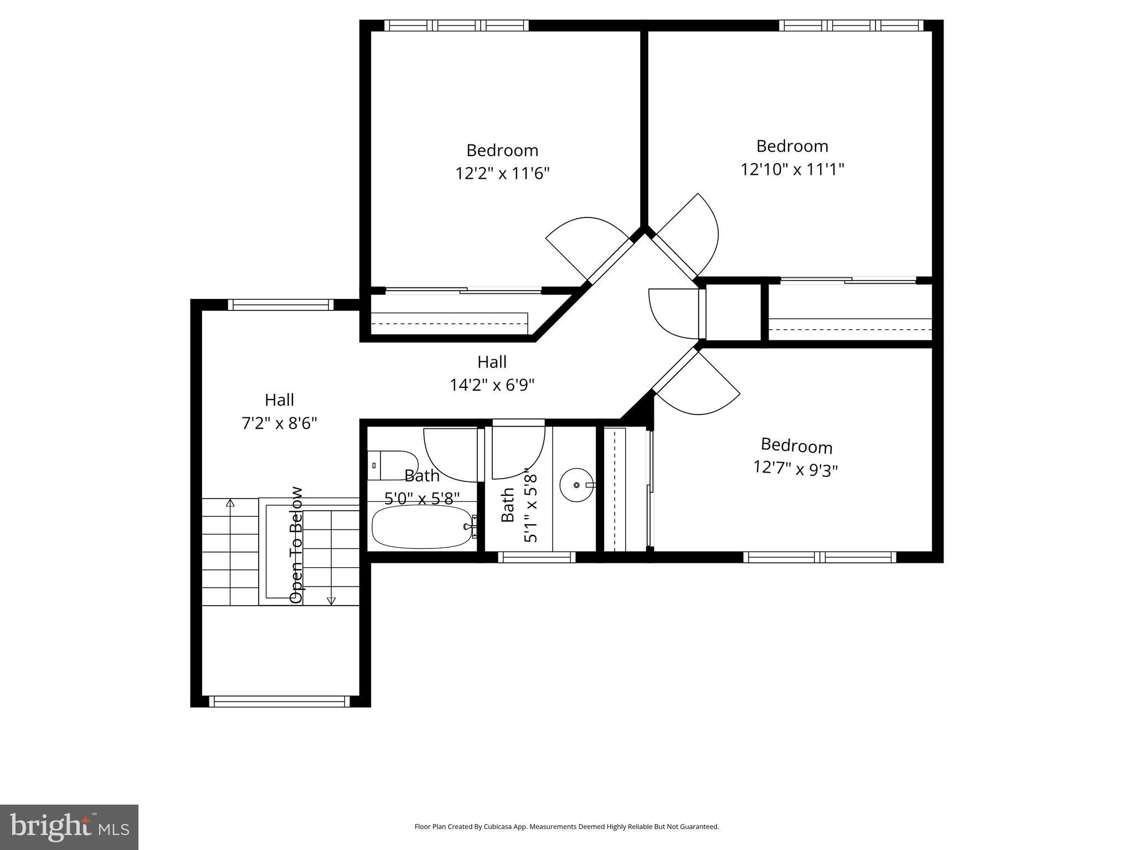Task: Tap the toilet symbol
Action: (x=392, y=465)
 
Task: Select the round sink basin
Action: (x=576, y=485)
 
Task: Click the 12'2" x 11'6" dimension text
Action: (x=502, y=174)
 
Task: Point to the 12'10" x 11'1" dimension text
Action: (x=792, y=169)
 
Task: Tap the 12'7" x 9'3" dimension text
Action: (x=796, y=469)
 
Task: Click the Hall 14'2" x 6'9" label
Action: (x=492, y=374)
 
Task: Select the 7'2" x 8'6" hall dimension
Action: (x=280, y=423)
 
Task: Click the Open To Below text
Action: (x=297, y=545)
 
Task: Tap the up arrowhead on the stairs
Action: (x=230, y=503)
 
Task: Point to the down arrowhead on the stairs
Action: (x=332, y=600)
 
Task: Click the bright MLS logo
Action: (x=69, y=827)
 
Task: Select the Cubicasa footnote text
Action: (x=566, y=827)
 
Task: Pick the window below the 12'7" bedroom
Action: (x=819, y=557)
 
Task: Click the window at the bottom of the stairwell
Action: (x=280, y=702)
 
